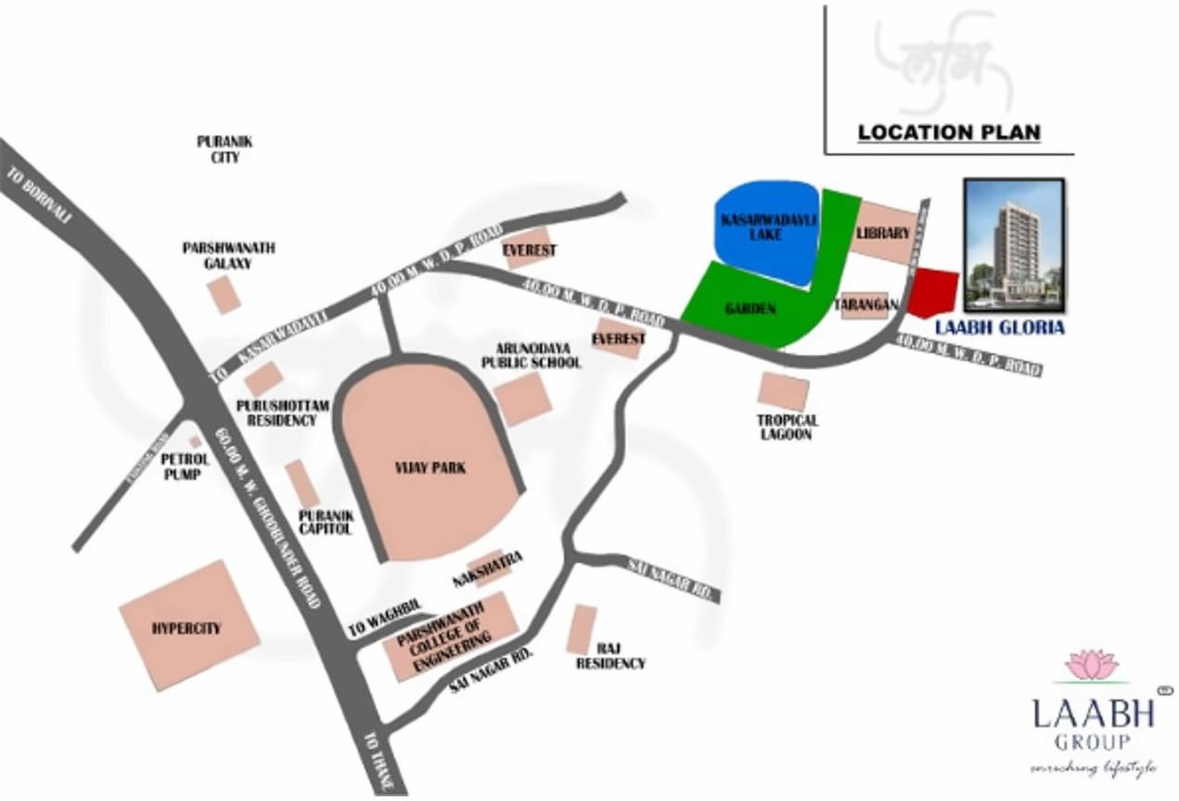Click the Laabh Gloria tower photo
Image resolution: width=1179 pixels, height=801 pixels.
coord(1014,245)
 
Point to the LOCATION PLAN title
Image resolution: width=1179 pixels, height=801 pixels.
coord(948,133)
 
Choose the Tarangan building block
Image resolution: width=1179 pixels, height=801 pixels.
coord(865,305)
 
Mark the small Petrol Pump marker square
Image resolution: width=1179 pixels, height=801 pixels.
coord(195,442)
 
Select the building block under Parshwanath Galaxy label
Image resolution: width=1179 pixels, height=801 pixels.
coord(224,294)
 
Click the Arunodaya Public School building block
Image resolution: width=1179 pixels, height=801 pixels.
coord(522,399)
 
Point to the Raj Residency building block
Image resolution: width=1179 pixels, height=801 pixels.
coord(583,629)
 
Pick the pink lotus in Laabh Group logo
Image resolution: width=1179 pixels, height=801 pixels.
coord(1092,665)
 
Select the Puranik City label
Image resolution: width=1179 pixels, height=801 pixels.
coord(224,149)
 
